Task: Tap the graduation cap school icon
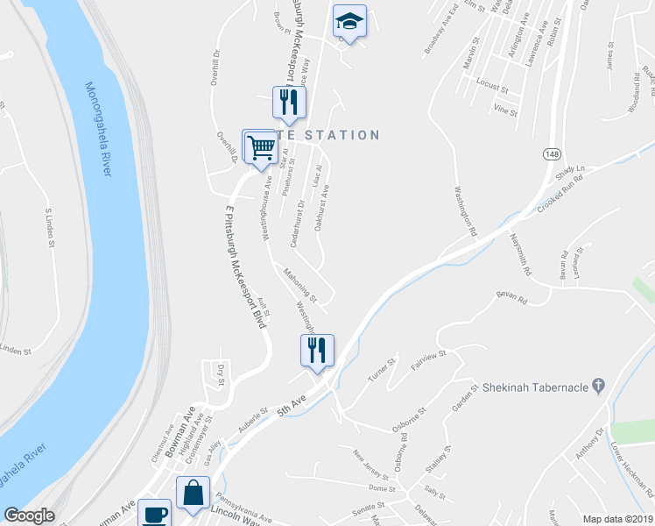349,21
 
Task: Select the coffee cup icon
157,513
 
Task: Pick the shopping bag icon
194,493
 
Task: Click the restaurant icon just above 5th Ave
316,350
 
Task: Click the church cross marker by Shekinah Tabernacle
599,385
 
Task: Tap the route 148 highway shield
551,154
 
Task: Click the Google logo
29,516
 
